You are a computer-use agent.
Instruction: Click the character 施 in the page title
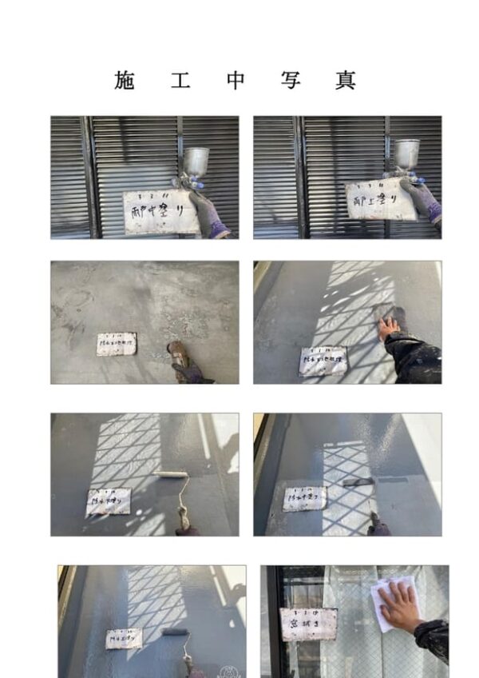coord(125,80)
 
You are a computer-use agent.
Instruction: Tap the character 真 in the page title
coord(345,80)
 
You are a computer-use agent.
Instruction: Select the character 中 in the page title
coord(235,80)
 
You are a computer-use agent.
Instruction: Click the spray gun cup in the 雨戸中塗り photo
coord(195,160)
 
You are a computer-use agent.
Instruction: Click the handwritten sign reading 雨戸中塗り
coord(160,212)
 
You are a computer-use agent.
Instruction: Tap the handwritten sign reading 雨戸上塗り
coord(381,199)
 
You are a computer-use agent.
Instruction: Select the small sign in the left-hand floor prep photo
coord(116,344)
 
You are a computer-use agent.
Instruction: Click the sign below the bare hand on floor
coord(323,361)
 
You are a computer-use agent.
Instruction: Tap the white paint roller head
coord(171,474)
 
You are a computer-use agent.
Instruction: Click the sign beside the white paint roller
coord(109,501)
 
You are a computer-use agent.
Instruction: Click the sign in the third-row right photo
coord(304,498)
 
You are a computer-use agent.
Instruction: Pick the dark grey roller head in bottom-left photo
coord(176,632)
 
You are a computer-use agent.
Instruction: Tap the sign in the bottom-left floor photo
coord(125,637)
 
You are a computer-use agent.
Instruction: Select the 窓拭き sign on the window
coord(308,624)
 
